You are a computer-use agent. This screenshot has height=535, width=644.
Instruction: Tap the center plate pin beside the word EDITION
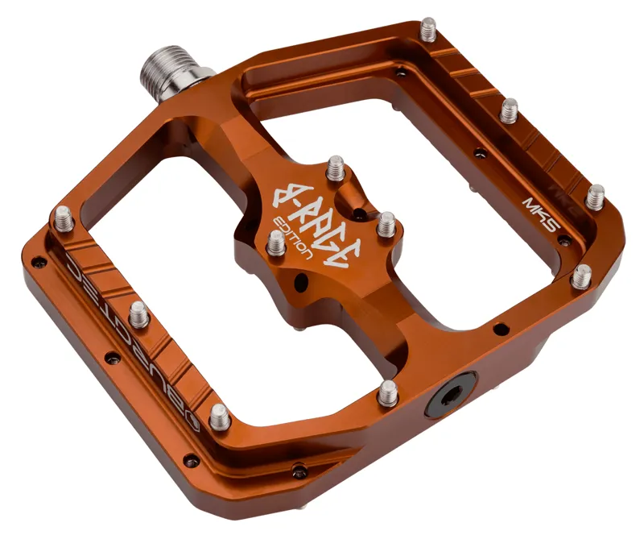(x=276, y=242)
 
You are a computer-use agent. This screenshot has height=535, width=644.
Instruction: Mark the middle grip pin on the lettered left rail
(x=139, y=314)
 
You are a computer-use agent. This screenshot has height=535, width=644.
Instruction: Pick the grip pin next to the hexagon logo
(x=219, y=417)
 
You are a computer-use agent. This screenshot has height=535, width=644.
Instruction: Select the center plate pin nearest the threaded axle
(x=335, y=170)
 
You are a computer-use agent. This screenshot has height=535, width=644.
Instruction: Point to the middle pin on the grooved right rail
(x=510, y=109)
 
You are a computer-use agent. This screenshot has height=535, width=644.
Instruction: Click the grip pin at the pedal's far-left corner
(x=63, y=218)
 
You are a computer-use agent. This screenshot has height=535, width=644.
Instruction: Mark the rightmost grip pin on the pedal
(x=596, y=196)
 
